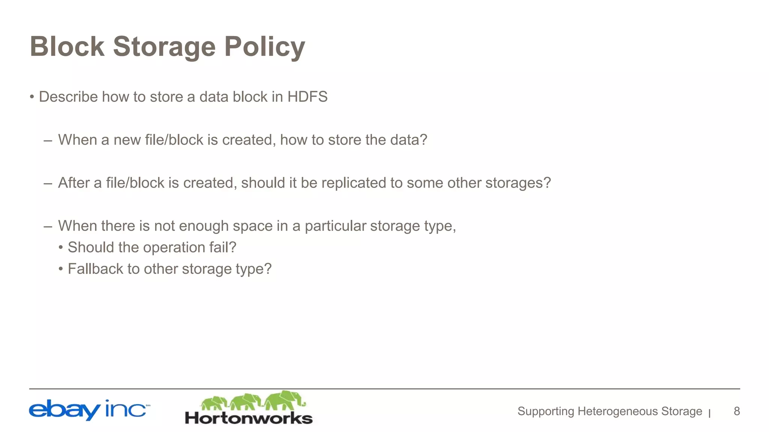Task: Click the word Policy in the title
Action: pos(265,47)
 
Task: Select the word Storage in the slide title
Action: pos(164,47)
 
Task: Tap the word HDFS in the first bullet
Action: pos(307,97)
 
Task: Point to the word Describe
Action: pos(68,97)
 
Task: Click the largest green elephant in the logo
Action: pos(284,400)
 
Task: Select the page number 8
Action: pos(737,411)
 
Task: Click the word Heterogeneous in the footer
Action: pos(618,411)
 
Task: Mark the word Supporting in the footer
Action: pos(546,411)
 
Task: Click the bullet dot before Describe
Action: pos(32,97)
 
